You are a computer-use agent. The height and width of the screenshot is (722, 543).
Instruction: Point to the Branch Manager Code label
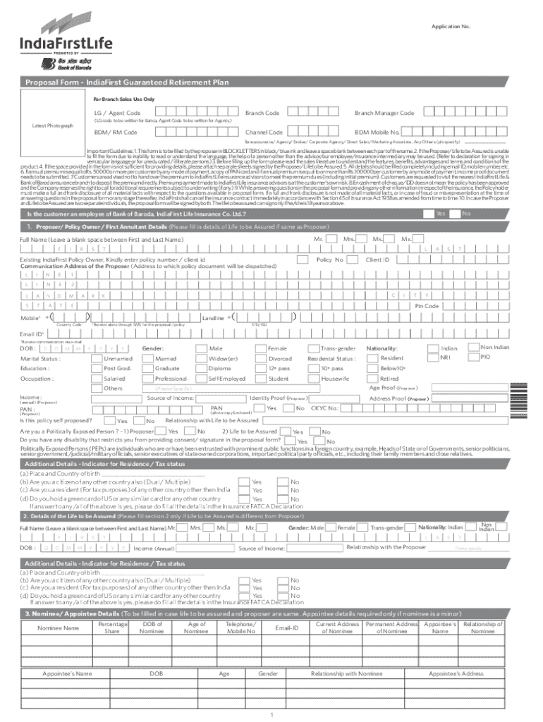(x=384, y=114)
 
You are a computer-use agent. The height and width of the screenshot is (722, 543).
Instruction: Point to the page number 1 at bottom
(x=271, y=714)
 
